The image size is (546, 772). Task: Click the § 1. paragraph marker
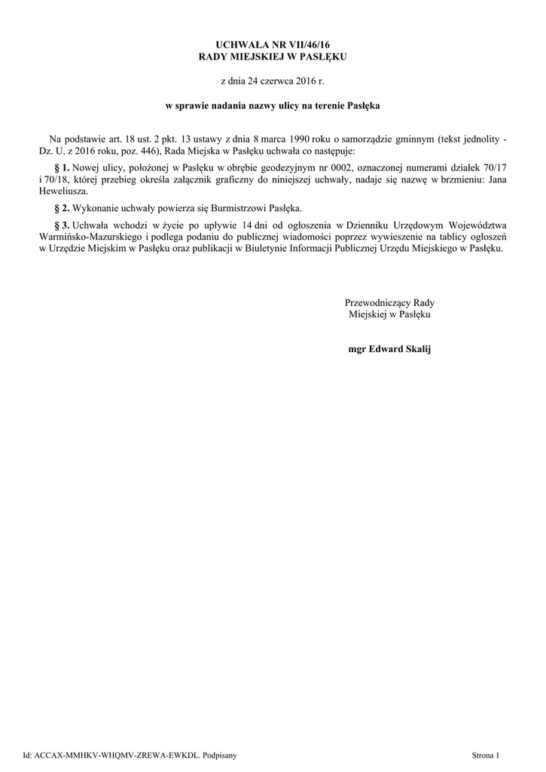(63, 166)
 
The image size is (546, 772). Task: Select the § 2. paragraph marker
(63, 207)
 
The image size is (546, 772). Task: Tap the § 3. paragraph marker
(63, 225)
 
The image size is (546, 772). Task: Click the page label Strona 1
(485, 754)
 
